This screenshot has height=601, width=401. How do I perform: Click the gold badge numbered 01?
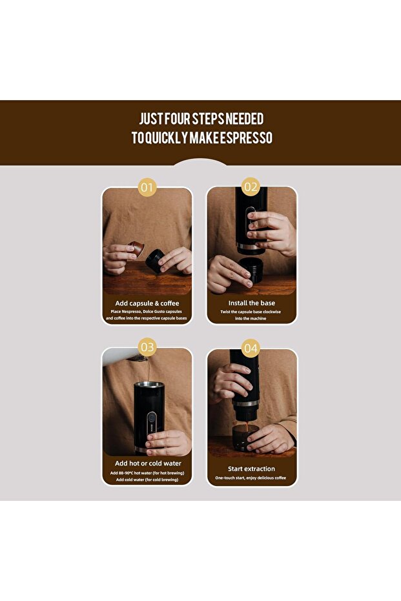(x=147, y=187)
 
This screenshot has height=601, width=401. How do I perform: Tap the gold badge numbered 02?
(x=251, y=187)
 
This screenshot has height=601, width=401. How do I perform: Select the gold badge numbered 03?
(x=147, y=347)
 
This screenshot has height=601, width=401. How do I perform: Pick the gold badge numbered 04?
(x=251, y=348)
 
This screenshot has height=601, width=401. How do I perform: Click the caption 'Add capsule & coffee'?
(x=147, y=303)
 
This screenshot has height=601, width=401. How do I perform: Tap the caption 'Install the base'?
(x=251, y=303)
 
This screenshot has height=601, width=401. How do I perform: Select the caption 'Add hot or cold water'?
(x=148, y=463)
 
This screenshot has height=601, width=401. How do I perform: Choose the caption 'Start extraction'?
(x=251, y=469)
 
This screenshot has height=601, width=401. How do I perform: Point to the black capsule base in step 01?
(x=154, y=261)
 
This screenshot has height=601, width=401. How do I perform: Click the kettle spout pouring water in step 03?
(x=138, y=359)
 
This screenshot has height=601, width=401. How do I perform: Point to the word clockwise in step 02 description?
(x=272, y=312)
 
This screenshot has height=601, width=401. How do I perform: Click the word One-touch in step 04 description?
(x=225, y=478)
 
